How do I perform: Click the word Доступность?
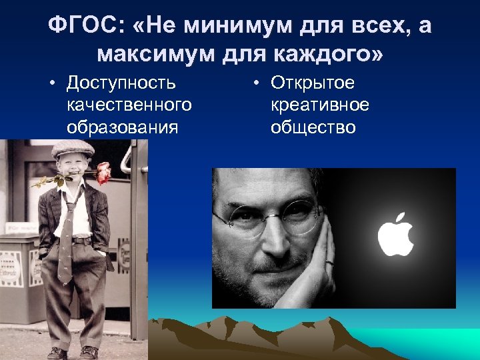[x=121, y=83]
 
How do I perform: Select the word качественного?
[x=129, y=105]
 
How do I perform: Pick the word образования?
[x=123, y=127]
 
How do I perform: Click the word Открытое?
[x=313, y=83]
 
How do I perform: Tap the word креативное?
[x=320, y=105]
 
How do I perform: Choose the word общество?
[x=313, y=127]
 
